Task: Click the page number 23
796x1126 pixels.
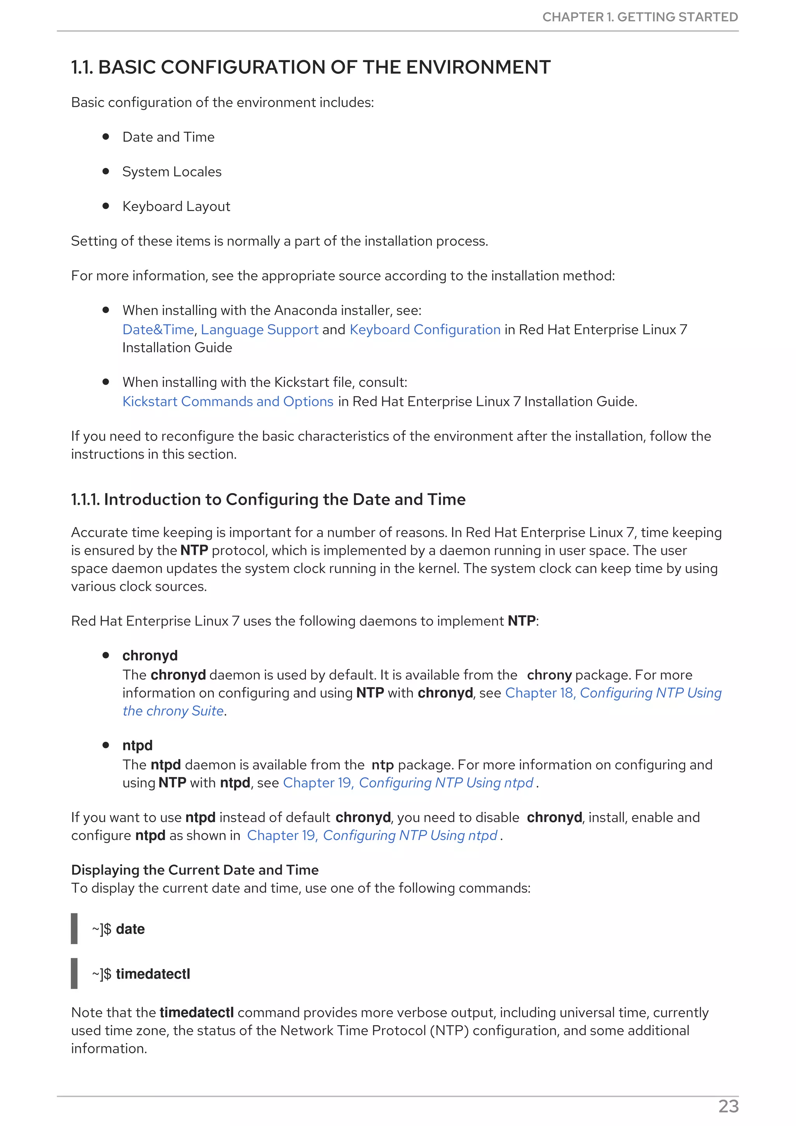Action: click(x=728, y=1107)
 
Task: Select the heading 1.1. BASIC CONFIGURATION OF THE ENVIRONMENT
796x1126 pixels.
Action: click(x=311, y=67)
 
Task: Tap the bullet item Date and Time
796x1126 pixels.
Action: click(x=168, y=137)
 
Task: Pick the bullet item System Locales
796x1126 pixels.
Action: click(x=172, y=172)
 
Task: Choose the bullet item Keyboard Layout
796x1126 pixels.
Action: click(x=176, y=206)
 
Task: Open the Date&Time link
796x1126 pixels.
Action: click(x=158, y=329)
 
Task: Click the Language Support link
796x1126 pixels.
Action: click(x=260, y=329)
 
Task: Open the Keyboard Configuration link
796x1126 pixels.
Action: click(x=425, y=329)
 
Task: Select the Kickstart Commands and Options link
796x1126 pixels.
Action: click(x=228, y=402)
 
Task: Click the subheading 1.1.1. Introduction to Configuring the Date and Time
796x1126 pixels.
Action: click(x=268, y=499)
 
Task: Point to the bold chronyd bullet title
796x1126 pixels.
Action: click(x=150, y=656)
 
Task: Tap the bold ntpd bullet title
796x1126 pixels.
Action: click(x=137, y=746)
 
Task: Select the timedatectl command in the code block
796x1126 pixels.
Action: click(x=152, y=973)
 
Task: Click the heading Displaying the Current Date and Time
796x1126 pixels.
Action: click(x=195, y=870)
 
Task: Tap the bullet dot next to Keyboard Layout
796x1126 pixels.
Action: click(x=105, y=206)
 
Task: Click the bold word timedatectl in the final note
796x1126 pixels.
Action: click(x=196, y=1013)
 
